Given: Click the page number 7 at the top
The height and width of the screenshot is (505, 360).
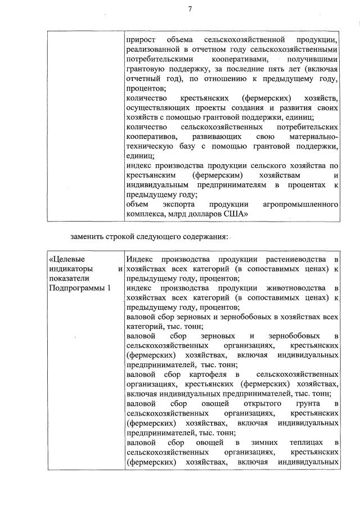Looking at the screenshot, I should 190,8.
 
